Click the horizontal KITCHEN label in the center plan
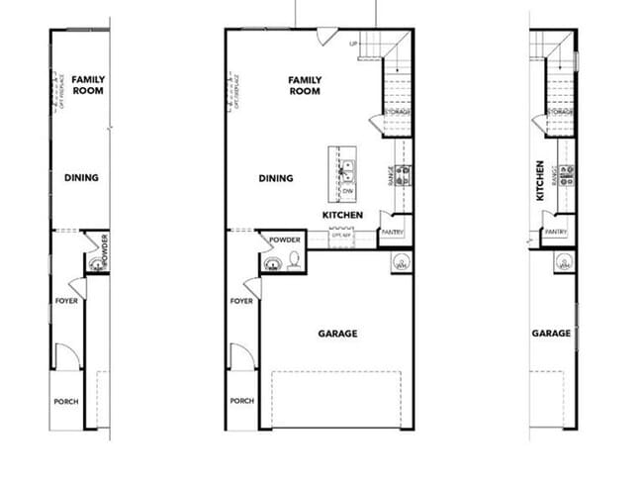pos(342,215)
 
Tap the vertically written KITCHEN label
pos(539,181)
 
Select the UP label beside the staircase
pos(353,44)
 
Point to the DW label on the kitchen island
pos(347,190)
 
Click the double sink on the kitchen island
pos(347,169)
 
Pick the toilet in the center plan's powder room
pos(294,260)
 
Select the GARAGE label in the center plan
pos(337,334)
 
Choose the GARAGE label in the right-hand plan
pos(551,334)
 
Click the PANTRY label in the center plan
pos(392,232)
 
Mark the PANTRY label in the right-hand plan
pos(554,232)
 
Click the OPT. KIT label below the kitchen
pos(342,236)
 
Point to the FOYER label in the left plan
pos(66,300)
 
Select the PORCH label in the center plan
pos(241,401)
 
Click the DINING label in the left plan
pos(81,179)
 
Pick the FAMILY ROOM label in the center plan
pos(305,85)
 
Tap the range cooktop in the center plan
pos(405,175)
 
